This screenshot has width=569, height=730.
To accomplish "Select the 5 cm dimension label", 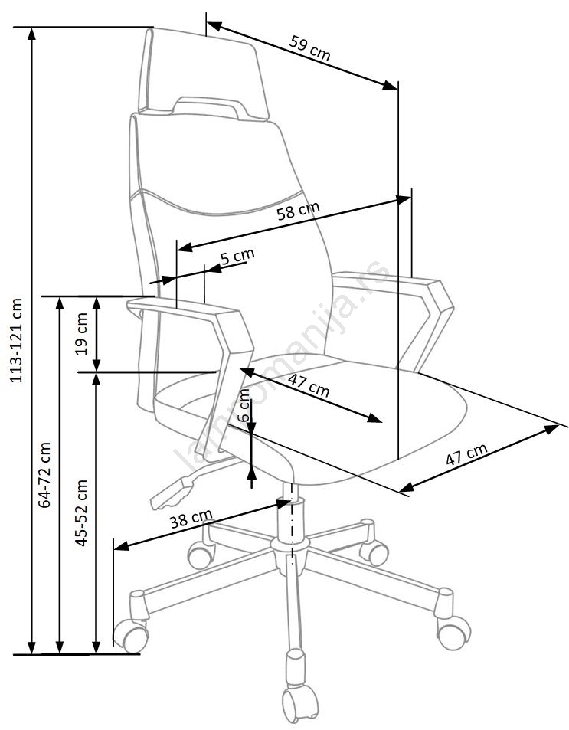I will pos(237,257).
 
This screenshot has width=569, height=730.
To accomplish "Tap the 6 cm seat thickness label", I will pos(244,406).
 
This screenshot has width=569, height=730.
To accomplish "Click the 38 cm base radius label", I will pos(191,520).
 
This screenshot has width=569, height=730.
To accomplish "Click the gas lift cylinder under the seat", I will pos(293,522).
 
